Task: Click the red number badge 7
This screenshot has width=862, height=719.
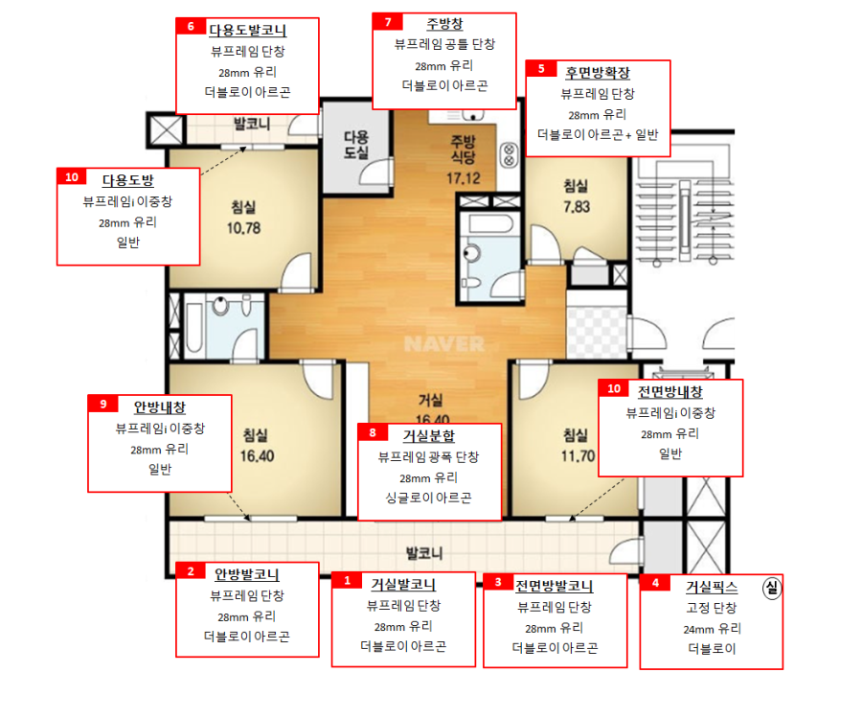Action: click(x=388, y=22)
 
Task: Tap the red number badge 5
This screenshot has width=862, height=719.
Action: click(x=541, y=69)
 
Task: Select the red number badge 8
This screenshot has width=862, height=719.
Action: click(x=373, y=432)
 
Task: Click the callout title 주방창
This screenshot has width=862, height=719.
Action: click(x=444, y=24)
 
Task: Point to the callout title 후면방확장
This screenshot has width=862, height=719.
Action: click(x=598, y=73)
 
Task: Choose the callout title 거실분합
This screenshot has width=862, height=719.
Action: click(x=429, y=436)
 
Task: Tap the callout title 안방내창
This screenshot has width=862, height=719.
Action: click(x=160, y=407)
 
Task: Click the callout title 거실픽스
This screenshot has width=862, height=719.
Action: click(x=712, y=588)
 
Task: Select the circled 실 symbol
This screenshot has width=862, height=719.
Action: click(x=772, y=588)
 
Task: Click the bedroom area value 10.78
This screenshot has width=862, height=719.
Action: click(x=243, y=228)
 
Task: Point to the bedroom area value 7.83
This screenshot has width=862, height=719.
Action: click(x=577, y=207)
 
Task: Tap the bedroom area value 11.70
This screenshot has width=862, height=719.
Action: click(x=578, y=456)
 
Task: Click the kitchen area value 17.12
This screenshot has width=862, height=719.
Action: click(x=463, y=178)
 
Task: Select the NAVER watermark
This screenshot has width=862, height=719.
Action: click(x=444, y=344)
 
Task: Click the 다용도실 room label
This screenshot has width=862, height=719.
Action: click(x=355, y=145)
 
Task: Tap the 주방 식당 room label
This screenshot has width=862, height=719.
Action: click(x=463, y=150)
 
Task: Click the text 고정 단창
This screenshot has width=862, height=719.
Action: click(x=712, y=608)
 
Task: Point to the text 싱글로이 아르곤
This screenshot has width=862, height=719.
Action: click(x=429, y=498)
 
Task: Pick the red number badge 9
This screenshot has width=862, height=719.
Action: click(x=103, y=404)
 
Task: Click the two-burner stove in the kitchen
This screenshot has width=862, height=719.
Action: click(x=510, y=155)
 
